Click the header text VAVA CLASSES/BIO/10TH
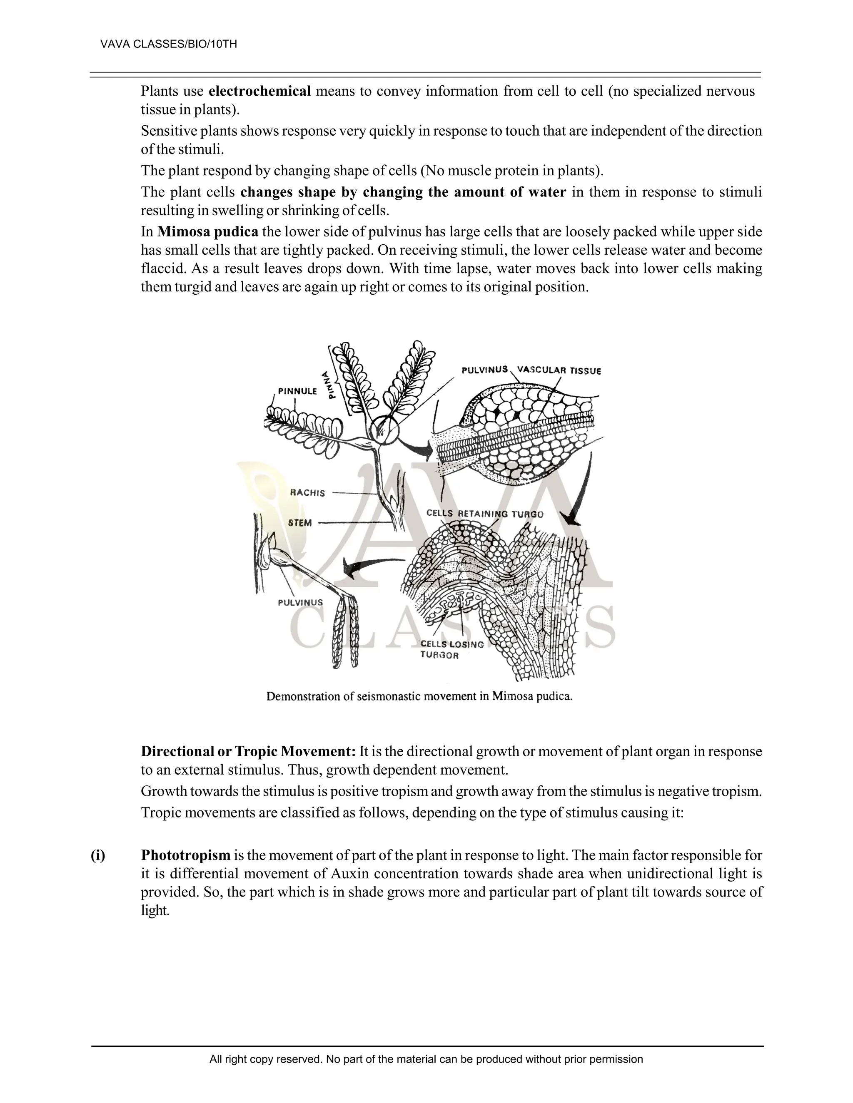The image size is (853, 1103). tap(169, 45)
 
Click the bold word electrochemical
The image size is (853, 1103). tap(260, 92)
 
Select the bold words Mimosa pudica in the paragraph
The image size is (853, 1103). tap(208, 232)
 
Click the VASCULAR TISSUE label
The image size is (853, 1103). tap(559, 370)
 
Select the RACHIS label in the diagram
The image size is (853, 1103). tap(307, 493)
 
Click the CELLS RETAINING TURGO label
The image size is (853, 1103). tap(485, 514)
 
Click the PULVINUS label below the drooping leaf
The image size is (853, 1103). tap(300, 603)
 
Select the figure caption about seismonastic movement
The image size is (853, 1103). tap(419, 696)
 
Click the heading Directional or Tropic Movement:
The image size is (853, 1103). tap(249, 751)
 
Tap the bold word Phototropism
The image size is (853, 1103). tap(185, 855)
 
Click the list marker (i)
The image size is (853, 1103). tap(98, 855)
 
